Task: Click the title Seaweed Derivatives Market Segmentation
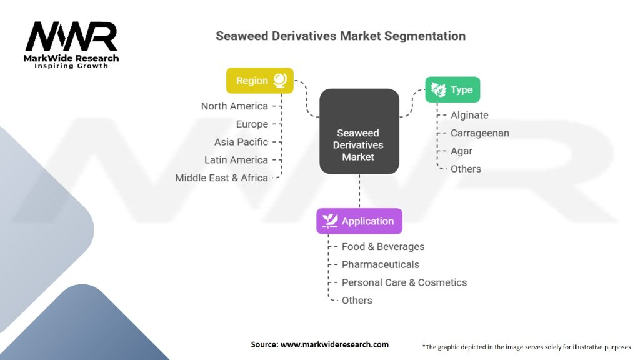point(341,36)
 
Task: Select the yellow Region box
point(259,81)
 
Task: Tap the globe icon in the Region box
point(280,81)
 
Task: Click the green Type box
point(452,89)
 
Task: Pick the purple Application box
point(359,221)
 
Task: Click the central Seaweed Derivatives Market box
point(359,132)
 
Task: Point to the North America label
point(234,106)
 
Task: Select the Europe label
point(252,124)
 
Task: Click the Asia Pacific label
point(241,142)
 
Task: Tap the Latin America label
point(236,160)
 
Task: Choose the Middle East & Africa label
point(221,177)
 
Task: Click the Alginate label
point(469,115)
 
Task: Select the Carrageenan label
point(480,133)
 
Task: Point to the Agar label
point(461,151)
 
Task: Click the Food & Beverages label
point(383,247)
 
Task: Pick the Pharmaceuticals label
point(381,264)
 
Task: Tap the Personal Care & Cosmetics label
point(404,282)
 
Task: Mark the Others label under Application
point(357,301)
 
